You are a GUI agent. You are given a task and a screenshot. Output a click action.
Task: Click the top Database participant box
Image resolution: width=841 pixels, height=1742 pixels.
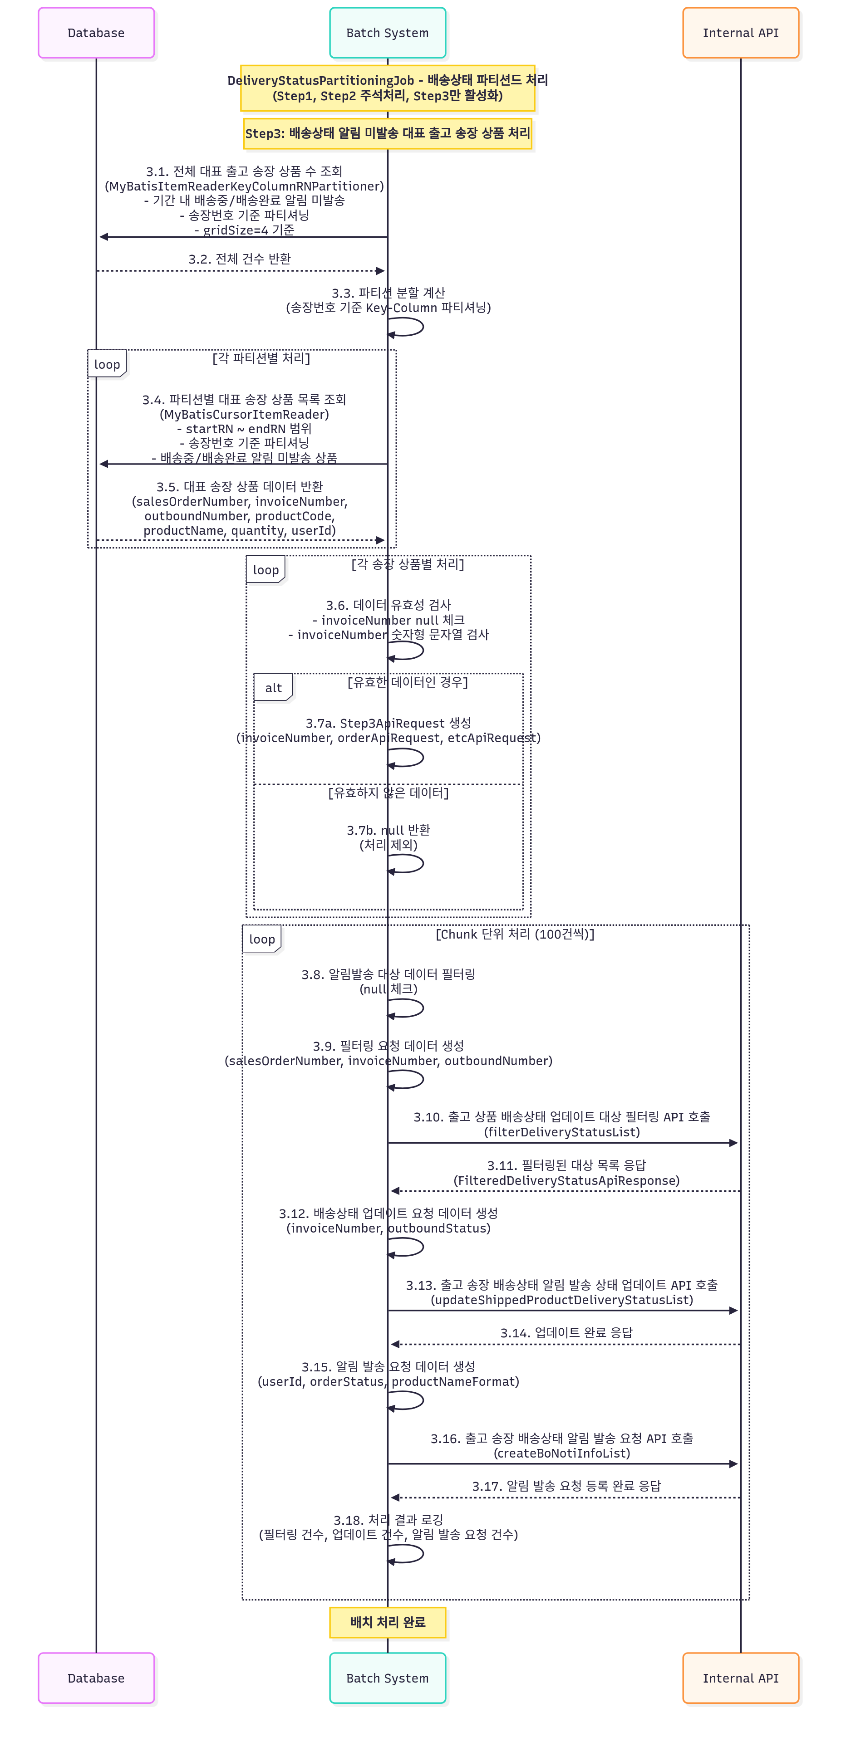pyautogui.click(x=96, y=33)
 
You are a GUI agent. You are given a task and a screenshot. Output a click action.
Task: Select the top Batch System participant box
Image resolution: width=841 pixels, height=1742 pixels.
pyautogui.click(x=387, y=33)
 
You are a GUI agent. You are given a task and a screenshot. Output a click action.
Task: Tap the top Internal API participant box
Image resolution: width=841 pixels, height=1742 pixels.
pyautogui.click(x=740, y=33)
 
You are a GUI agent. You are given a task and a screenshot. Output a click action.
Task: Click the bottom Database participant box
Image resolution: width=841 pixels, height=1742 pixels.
pyautogui.click(x=96, y=1677)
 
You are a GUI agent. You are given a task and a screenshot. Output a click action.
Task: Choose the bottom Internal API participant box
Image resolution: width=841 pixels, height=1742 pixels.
pyautogui.click(x=740, y=1677)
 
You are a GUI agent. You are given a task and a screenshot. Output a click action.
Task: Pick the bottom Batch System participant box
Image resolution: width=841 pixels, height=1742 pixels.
pyautogui.click(x=387, y=1677)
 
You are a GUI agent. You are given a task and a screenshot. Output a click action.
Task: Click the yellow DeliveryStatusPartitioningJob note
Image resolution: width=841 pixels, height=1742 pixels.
pyautogui.click(x=387, y=88)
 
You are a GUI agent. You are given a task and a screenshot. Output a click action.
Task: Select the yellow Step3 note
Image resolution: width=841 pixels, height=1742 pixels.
pyautogui.click(x=387, y=133)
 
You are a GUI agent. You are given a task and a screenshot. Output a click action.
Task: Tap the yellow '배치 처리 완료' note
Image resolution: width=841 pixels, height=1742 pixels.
pyautogui.click(x=387, y=1622)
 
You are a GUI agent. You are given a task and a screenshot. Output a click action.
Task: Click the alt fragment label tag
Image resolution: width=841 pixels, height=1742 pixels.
pyautogui.click(x=273, y=687)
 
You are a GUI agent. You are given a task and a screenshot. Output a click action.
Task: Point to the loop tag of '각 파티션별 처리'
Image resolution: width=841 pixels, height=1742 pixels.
pyautogui.click(x=107, y=364)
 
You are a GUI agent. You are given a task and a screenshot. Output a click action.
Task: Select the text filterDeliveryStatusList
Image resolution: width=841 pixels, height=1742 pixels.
pyautogui.click(x=561, y=1132)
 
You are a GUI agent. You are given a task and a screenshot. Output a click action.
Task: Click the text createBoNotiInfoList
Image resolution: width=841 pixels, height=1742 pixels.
pyautogui.click(x=561, y=1453)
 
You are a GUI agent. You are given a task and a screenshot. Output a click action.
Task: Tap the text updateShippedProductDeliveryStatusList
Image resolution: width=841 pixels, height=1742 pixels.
pyautogui.click(x=561, y=1300)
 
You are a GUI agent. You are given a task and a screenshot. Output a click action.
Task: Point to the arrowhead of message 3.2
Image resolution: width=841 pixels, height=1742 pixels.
pyautogui.click(x=380, y=270)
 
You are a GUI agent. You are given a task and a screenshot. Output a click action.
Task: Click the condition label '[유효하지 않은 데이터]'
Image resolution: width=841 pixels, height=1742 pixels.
pyautogui.click(x=389, y=793)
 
